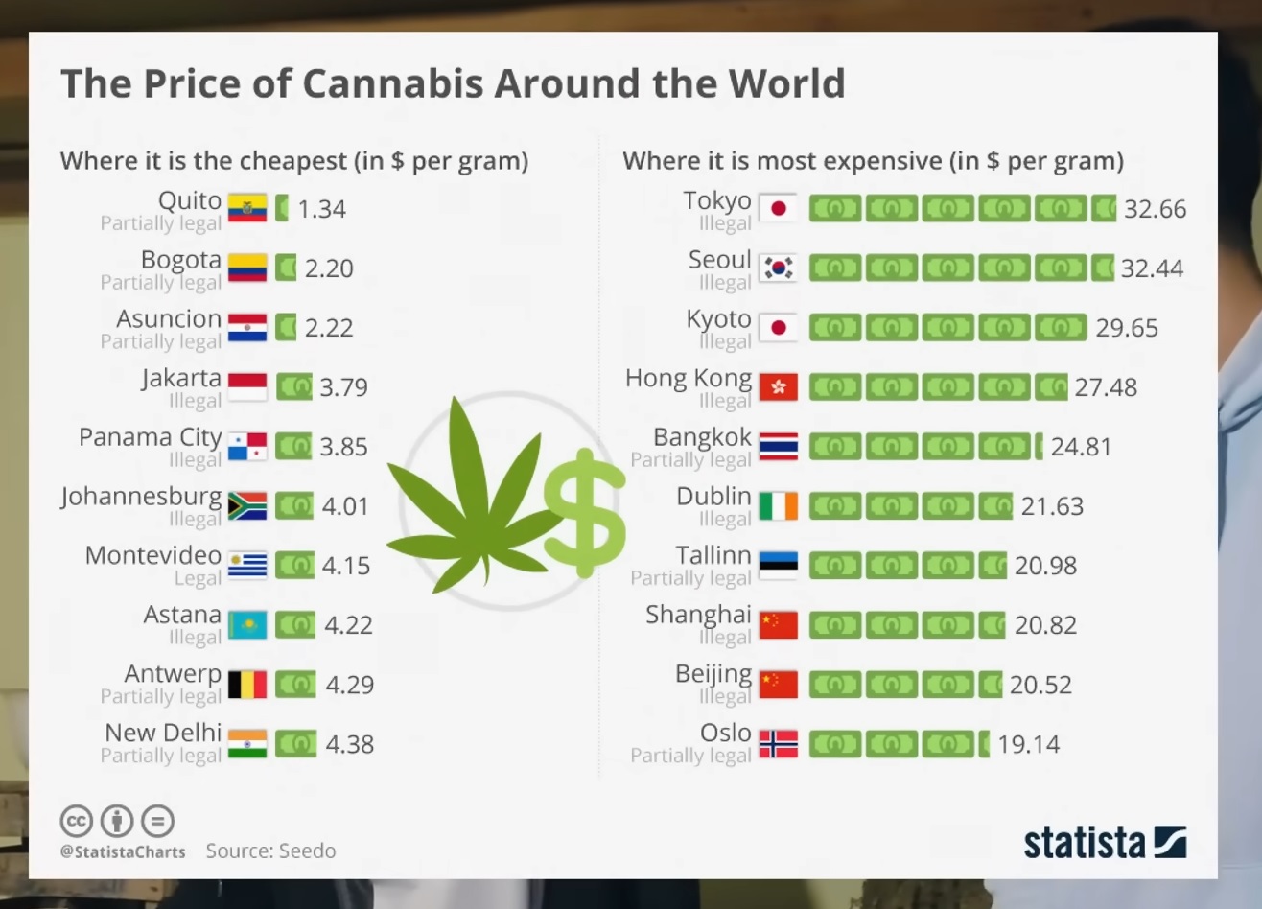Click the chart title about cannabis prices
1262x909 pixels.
453,84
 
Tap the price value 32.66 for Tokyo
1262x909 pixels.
1155,209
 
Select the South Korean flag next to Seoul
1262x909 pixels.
778,268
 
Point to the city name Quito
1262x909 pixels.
190,200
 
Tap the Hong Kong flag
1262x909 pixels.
778,387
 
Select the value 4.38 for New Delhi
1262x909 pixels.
349,744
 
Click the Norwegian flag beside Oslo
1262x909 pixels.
778,744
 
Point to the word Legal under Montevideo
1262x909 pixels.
198,578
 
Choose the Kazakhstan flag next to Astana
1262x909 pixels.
247,625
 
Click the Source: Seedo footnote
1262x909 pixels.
270,851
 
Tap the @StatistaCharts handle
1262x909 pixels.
123,851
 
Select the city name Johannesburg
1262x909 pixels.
141,497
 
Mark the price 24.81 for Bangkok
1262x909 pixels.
1081,447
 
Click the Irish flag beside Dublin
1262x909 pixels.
778,506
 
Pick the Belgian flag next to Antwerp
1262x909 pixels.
247,685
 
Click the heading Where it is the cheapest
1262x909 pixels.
294,160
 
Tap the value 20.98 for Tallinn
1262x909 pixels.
1045,566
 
